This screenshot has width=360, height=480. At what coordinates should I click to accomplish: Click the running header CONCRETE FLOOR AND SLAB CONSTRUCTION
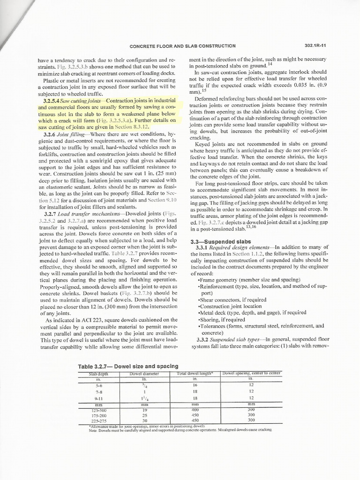182,46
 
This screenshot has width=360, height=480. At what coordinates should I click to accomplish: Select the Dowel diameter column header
144,374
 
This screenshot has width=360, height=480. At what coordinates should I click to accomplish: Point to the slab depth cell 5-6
99,384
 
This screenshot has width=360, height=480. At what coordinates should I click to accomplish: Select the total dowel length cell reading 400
195,409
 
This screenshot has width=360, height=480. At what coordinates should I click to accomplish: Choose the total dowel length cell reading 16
195,384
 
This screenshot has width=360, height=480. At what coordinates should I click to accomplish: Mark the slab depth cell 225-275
99,420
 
